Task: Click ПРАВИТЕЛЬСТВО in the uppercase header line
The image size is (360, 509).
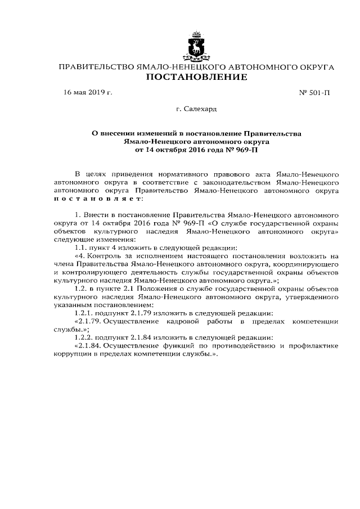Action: (x=97, y=67)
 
